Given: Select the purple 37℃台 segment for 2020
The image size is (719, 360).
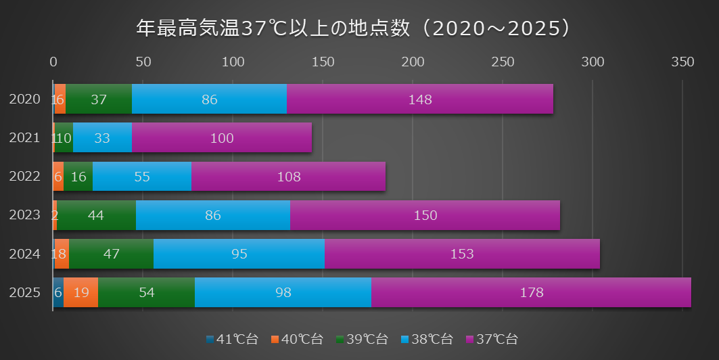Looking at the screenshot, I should tap(419, 99).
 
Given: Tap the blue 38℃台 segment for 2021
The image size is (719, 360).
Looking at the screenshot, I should tap(102, 138).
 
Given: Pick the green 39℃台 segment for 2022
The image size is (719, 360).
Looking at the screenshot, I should tap(78, 177).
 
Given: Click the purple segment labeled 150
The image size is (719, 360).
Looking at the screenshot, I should tap(425, 215).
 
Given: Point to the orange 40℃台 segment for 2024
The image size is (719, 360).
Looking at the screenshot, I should tap(62, 254).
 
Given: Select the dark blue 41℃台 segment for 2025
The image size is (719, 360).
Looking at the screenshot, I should tap(58, 292).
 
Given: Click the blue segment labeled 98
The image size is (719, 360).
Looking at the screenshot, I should tap(283, 292).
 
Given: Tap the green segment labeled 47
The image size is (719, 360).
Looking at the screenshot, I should tap(111, 254).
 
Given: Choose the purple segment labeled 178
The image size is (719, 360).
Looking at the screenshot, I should tap(531, 292).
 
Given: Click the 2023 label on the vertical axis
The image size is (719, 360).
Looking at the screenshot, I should tap(25, 215).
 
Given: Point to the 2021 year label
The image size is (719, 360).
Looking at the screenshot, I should tap(25, 138).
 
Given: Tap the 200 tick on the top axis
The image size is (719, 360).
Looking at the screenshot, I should tap(413, 62).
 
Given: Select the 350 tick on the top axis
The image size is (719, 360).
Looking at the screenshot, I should tap(682, 62).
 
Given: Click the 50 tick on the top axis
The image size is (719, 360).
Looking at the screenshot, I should tap(143, 62).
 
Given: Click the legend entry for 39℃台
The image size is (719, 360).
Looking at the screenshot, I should tap(363, 339).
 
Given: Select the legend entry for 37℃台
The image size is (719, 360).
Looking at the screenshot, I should tap(492, 339).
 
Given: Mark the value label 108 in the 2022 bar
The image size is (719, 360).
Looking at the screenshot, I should tap(289, 177).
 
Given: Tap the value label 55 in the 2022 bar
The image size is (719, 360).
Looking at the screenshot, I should tap(142, 177).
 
